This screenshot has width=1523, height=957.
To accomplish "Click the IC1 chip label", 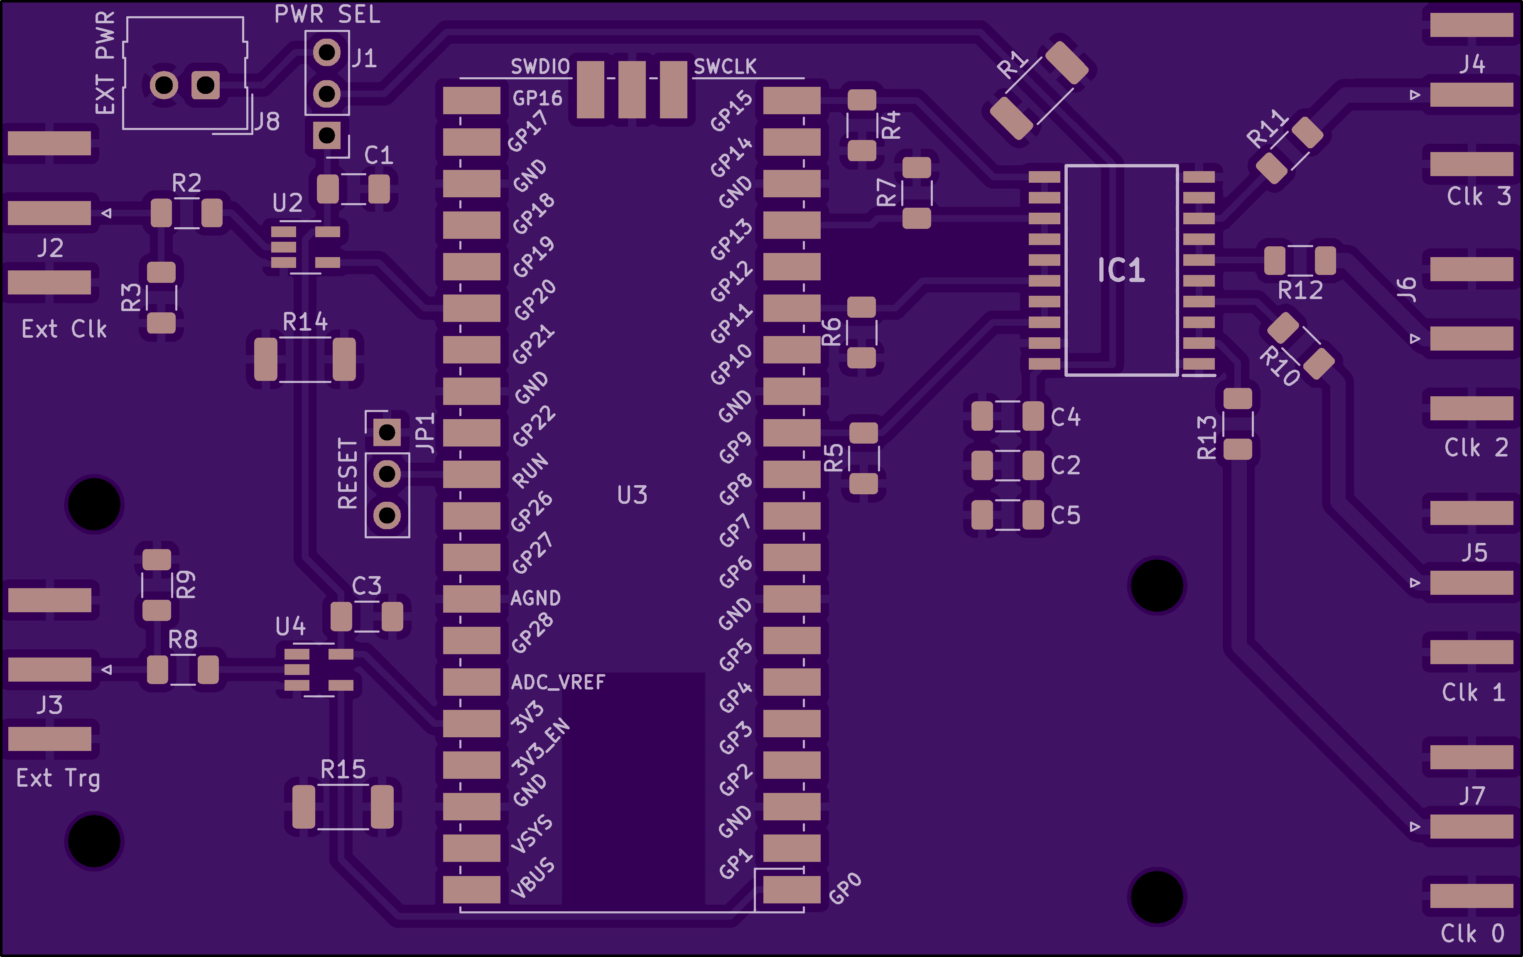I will click(1121, 271).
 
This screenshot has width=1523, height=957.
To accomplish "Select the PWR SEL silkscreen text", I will click(327, 14).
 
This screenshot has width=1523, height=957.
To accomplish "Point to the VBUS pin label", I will click(532, 878).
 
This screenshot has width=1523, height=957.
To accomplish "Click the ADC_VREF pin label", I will click(558, 682).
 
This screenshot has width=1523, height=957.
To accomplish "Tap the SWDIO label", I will click(540, 66).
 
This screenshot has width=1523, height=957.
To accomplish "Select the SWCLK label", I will click(725, 66).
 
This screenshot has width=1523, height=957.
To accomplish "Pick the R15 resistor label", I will click(343, 769).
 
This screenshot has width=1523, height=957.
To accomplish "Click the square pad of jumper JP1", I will click(387, 433).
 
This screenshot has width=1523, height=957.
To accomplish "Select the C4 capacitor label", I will click(1066, 417).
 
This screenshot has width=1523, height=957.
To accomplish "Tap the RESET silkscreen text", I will click(348, 473).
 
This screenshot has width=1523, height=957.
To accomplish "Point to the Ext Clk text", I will click(64, 329).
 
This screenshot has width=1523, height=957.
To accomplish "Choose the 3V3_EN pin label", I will click(540, 746).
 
